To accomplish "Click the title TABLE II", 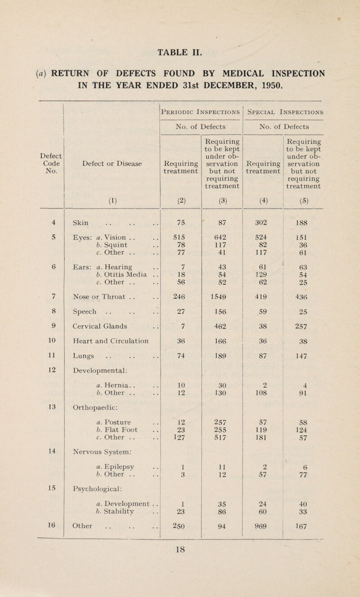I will pos(180,39).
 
